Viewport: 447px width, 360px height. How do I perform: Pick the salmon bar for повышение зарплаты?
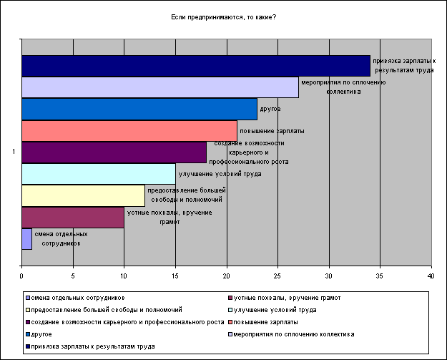point(129,131)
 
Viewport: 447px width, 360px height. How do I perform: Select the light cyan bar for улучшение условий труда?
point(98,174)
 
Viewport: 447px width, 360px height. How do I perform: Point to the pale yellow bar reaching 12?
point(82,195)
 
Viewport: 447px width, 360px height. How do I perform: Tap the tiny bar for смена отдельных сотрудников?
point(27,239)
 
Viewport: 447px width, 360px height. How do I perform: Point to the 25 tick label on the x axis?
point(277,276)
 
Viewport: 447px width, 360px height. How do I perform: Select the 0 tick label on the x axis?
point(22,276)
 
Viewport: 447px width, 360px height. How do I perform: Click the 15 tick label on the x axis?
point(175,276)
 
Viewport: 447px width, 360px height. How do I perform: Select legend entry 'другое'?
point(41,334)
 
